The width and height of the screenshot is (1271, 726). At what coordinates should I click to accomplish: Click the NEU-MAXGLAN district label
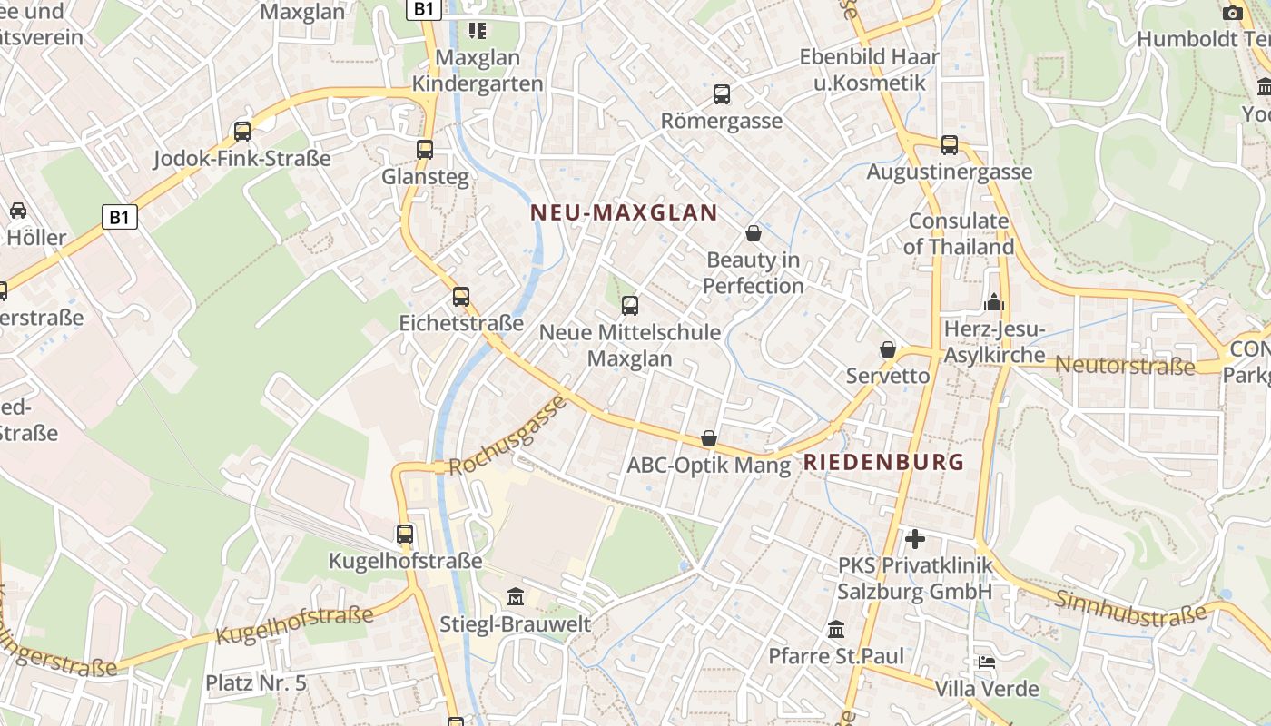(624, 213)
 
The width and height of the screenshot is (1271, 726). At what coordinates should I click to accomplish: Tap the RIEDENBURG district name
(883, 462)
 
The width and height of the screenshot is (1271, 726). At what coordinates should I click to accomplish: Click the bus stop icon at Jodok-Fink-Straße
(242, 132)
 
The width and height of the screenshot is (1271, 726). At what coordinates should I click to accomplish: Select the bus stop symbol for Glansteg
(425, 150)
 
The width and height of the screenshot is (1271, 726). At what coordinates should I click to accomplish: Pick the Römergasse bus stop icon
(722, 93)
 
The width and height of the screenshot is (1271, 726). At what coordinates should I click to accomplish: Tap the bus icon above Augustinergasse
(950, 144)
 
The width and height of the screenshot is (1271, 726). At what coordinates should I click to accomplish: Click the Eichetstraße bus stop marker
(461, 297)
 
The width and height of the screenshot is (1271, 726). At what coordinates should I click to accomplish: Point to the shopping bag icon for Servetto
(888, 349)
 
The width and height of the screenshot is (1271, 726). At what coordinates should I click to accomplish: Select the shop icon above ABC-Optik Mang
(709, 439)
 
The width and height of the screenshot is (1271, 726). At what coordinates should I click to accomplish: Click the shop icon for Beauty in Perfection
(754, 233)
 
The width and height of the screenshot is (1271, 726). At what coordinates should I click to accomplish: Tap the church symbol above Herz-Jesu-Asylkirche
(994, 302)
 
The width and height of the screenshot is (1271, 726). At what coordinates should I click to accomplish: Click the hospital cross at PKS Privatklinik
(915, 539)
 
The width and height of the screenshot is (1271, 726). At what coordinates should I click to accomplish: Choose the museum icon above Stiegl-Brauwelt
(516, 596)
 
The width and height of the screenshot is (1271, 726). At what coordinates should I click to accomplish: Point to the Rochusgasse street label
(507, 436)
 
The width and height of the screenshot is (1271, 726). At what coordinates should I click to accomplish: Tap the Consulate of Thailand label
(959, 234)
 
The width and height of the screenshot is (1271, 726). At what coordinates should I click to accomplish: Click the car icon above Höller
(17, 211)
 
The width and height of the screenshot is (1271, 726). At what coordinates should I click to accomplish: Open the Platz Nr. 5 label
(256, 683)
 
